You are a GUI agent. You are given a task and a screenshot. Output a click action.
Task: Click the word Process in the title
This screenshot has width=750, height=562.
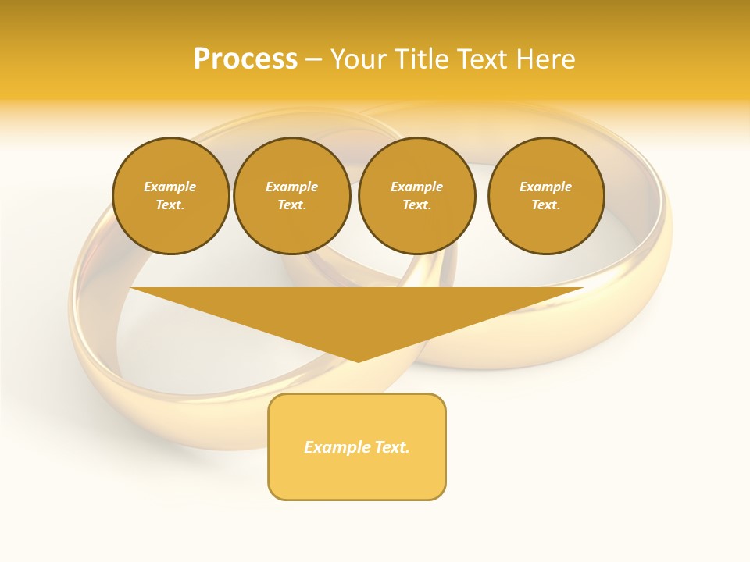point(245,59)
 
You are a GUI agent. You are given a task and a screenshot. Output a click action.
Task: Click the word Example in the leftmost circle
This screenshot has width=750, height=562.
point(170,187)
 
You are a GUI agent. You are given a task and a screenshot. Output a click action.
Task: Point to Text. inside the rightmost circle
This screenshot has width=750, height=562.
point(546,205)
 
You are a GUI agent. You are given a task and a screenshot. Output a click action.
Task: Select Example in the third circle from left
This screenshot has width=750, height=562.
point(416,187)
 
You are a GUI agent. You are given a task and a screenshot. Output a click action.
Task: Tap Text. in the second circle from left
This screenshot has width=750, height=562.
point(291,205)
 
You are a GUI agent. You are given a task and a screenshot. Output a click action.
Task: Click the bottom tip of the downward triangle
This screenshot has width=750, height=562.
point(358,360)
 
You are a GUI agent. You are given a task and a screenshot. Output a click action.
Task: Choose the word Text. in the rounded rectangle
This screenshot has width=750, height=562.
point(391,447)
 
